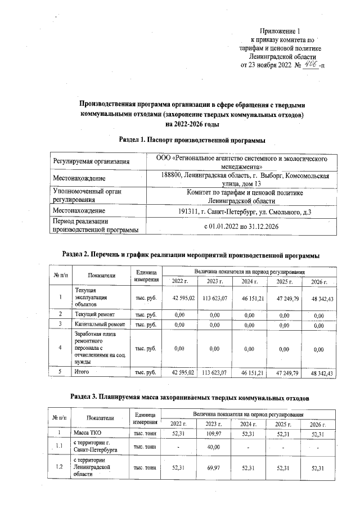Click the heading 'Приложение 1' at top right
click(x=281, y=30)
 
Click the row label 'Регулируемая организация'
click(x=91, y=162)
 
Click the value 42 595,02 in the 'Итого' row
click(x=183, y=372)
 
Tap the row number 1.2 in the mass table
click(x=60, y=468)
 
